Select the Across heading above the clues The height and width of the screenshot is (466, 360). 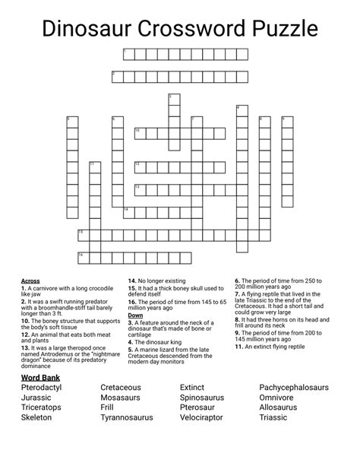coord(30,281)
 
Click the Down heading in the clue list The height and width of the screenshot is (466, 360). coord(135,315)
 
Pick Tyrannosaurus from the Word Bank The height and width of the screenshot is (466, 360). coord(127,417)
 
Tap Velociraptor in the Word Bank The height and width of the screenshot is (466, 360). coord(209,417)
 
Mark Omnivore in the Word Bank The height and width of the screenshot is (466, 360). coord(279,397)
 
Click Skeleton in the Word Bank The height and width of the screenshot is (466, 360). coord(37,417)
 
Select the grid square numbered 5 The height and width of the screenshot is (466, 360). coord(72,122)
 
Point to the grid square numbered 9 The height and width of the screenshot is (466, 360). coord(287,122)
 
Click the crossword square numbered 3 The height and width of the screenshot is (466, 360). coord(174,99)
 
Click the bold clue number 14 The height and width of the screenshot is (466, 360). coord(131,281)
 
